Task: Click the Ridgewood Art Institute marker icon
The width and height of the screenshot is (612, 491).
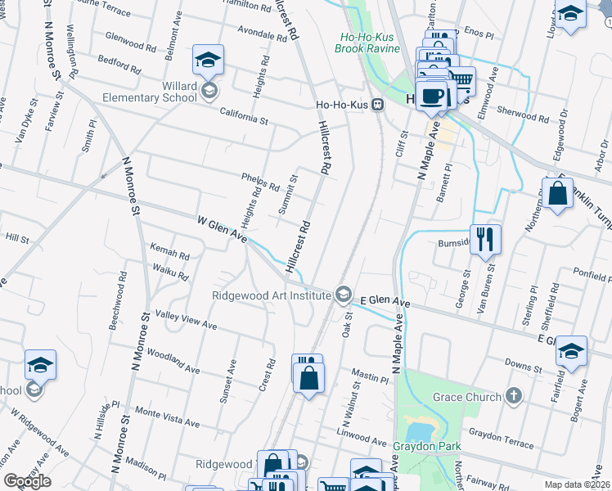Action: pos(344,295)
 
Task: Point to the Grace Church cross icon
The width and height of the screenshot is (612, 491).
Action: pos(513,397)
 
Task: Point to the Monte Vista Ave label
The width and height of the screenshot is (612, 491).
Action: pos(167,417)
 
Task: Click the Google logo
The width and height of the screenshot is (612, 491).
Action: pos(27,480)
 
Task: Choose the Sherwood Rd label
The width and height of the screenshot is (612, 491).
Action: pos(521,113)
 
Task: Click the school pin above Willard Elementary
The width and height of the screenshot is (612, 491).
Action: pos(209,61)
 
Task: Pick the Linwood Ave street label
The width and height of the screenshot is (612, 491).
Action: pos(361,436)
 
